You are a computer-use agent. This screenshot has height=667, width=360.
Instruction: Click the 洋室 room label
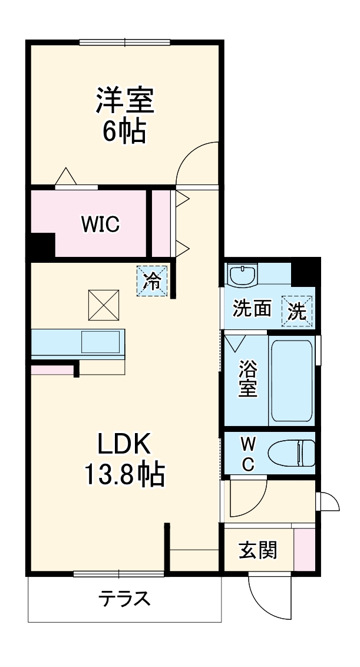125,101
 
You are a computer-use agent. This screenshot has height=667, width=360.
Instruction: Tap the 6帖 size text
124,131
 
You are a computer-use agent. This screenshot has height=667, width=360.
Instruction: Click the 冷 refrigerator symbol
153,281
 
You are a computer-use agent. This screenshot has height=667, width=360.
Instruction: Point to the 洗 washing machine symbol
298,311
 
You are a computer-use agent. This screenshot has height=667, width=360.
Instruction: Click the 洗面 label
252,309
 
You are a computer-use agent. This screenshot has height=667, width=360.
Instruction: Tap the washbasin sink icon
242,275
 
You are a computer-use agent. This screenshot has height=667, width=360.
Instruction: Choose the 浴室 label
247,380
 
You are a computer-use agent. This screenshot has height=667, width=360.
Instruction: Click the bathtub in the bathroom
291,380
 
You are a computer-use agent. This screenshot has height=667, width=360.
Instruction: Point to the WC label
248,454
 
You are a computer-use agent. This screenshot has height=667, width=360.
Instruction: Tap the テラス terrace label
124,599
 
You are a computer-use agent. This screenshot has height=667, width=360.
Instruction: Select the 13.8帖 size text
125,474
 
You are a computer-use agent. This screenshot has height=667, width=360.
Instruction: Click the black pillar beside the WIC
41,245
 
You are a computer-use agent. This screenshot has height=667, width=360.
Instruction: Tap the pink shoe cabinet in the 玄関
304,550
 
